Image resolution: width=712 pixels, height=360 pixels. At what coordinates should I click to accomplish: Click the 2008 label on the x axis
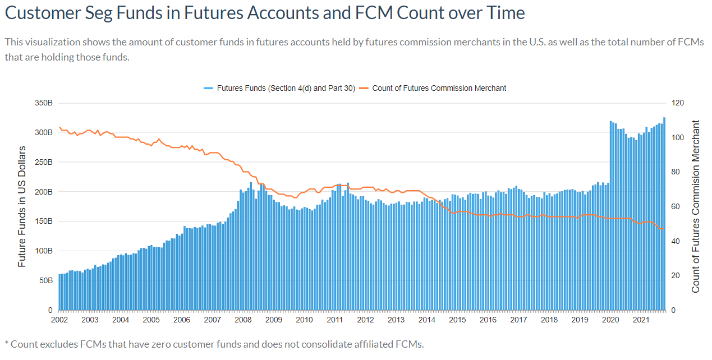point(242,320)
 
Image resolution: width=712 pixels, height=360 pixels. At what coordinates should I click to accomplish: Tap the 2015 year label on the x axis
point(457,320)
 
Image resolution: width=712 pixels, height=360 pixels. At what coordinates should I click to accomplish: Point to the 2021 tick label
point(640,320)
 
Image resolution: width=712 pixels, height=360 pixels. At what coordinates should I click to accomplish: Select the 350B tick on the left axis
point(43,103)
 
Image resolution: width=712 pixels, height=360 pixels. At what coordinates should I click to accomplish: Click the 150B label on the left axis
point(43,221)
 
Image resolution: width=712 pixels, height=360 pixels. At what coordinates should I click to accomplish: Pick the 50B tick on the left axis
point(45,280)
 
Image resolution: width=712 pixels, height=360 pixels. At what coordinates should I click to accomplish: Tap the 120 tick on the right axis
point(677,103)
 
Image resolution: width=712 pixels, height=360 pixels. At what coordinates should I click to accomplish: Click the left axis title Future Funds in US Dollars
point(22,206)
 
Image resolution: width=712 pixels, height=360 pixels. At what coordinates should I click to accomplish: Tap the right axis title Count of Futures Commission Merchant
point(696,206)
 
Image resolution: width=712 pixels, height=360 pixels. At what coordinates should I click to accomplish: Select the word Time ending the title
point(505,13)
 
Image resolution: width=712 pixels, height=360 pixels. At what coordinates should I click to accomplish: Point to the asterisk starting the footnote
point(7,343)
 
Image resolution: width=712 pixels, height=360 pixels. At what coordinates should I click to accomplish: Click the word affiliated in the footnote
point(369,344)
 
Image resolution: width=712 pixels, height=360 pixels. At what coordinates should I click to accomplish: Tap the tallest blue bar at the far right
point(664,214)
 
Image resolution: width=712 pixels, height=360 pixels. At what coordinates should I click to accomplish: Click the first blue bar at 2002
point(59,292)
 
